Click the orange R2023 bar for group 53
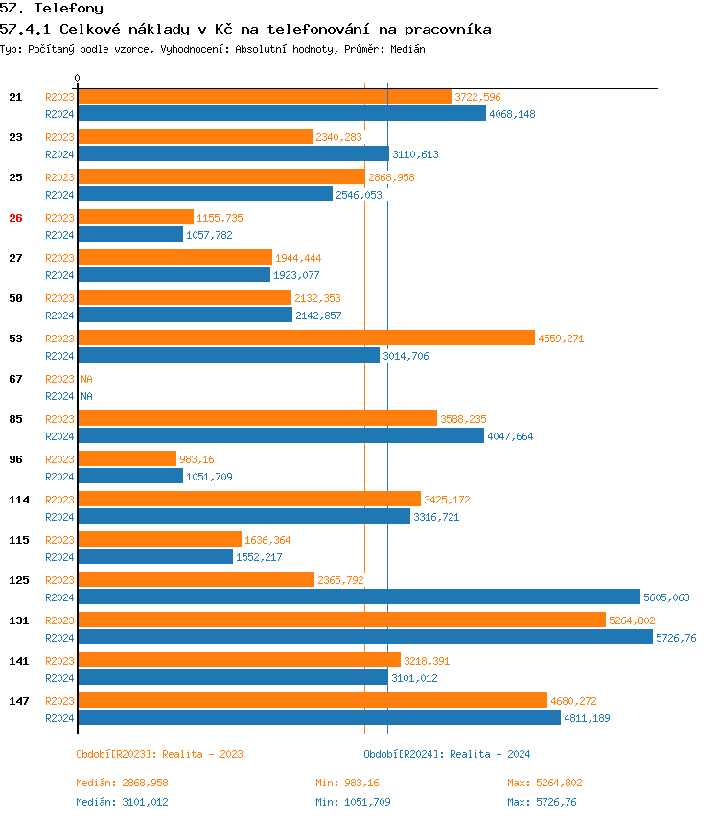[x=306, y=338]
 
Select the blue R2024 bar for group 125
[x=359, y=597]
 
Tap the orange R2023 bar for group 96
[x=127, y=458]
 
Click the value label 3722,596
[x=477, y=97]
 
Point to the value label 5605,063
[x=666, y=597]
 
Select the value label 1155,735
[x=220, y=218]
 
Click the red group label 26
[x=15, y=218]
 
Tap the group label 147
[x=18, y=701]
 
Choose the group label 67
[x=15, y=379]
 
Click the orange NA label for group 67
[x=86, y=379]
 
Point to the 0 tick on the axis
[x=78, y=78]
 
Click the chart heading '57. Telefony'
[x=52, y=9]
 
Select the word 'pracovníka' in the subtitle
[x=448, y=29]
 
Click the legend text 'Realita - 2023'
[x=205, y=754]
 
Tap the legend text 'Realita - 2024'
[x=490, y=754]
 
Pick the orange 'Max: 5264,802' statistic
[x=545, y=783]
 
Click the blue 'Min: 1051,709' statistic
[x=353, y=802]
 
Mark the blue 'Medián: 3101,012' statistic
[x=122, y=802]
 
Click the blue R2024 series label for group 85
[x=59, y=436]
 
